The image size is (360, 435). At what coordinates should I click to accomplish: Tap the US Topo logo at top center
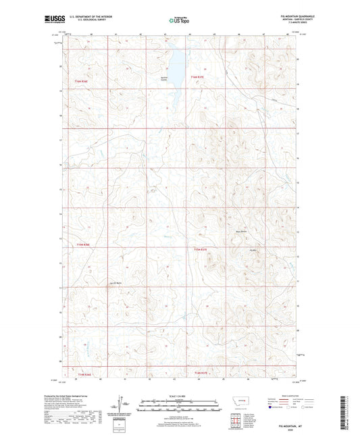tap(180, 21)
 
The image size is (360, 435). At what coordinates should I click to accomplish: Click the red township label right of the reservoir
tap(197, 78)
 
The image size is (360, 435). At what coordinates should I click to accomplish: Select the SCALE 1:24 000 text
tap(180, 396)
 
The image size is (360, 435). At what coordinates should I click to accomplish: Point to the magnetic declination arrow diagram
tap(124, 403)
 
